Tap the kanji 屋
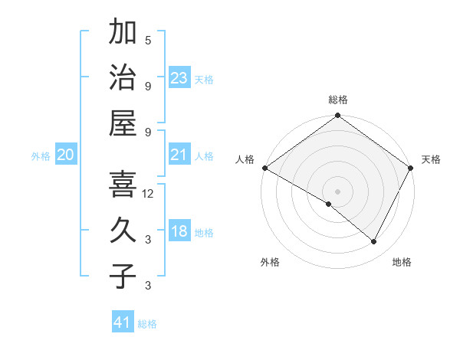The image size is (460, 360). pyautogui.click(x=123, y=123)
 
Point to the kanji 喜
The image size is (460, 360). pyautogui.click(x=123, y=184)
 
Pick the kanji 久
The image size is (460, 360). pyautogui.click(x=123, y=229)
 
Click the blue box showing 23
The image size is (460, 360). pyautogui.click(x=179, y=77)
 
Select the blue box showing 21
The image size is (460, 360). pyautogui.click(x=179, y=155)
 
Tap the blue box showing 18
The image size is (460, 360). pyautogui.click(x=179, y=232)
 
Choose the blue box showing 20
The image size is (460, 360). pyautogui.click(x=66, y=155)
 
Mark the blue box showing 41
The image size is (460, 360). pyautogui.click(x=123, y=322)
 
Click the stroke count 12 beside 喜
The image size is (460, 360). pyautogui.click(x=148, y=195)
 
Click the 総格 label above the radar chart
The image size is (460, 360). pyautogui.click(x=338, y=100)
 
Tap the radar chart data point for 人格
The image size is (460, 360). pyautogui.click(x=264, y=168)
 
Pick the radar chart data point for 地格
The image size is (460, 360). pyautogui.click(x=374, y=241)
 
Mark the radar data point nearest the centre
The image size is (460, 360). pyautogui.click(x=329, y=204)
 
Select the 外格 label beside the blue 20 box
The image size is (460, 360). pyautogui.click(x=41, y=156)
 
